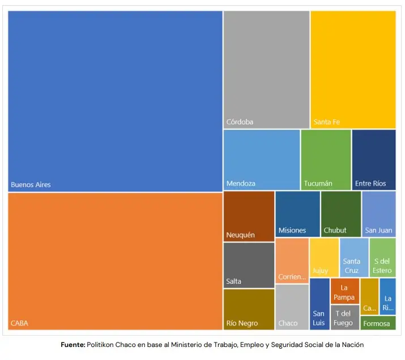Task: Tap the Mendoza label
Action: [x=241, y=183]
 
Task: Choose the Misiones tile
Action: [x=297, y=213]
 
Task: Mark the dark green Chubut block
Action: [x=340, y=213]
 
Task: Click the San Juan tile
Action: [x=378, y=213]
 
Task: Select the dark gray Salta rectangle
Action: [x=249, y=264]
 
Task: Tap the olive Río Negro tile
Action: [x=249, y=308]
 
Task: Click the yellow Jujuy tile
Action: [x=324, y=257]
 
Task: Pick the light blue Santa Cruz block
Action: [x=354, y=257]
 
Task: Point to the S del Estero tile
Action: [x=382, y=257]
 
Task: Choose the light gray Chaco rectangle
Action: [x=292, y=306]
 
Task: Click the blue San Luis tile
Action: [x=319, y=304]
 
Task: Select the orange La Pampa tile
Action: [x=344, y=291]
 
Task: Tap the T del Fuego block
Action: [x=344, y=317]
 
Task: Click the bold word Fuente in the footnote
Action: [x=73, y=344]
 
